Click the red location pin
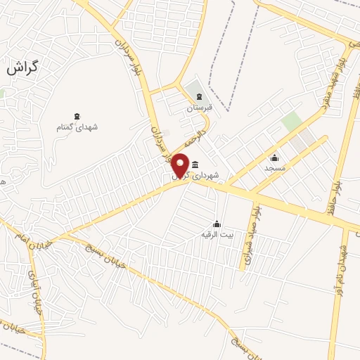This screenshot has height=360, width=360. (181, 165)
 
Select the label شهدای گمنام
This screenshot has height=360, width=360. (77, 127)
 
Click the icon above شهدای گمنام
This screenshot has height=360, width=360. (77, 116)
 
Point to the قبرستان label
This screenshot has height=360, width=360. (198, 108)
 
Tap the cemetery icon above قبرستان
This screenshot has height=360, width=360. (199, 97)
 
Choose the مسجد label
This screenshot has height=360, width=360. (274, 169)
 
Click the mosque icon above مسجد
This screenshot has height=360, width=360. (274, 158)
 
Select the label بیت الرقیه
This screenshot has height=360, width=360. (216, 233)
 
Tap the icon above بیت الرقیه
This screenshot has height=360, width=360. (217, 223)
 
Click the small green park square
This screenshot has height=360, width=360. (291, 121)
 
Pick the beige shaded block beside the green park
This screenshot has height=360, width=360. (304, 140)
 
